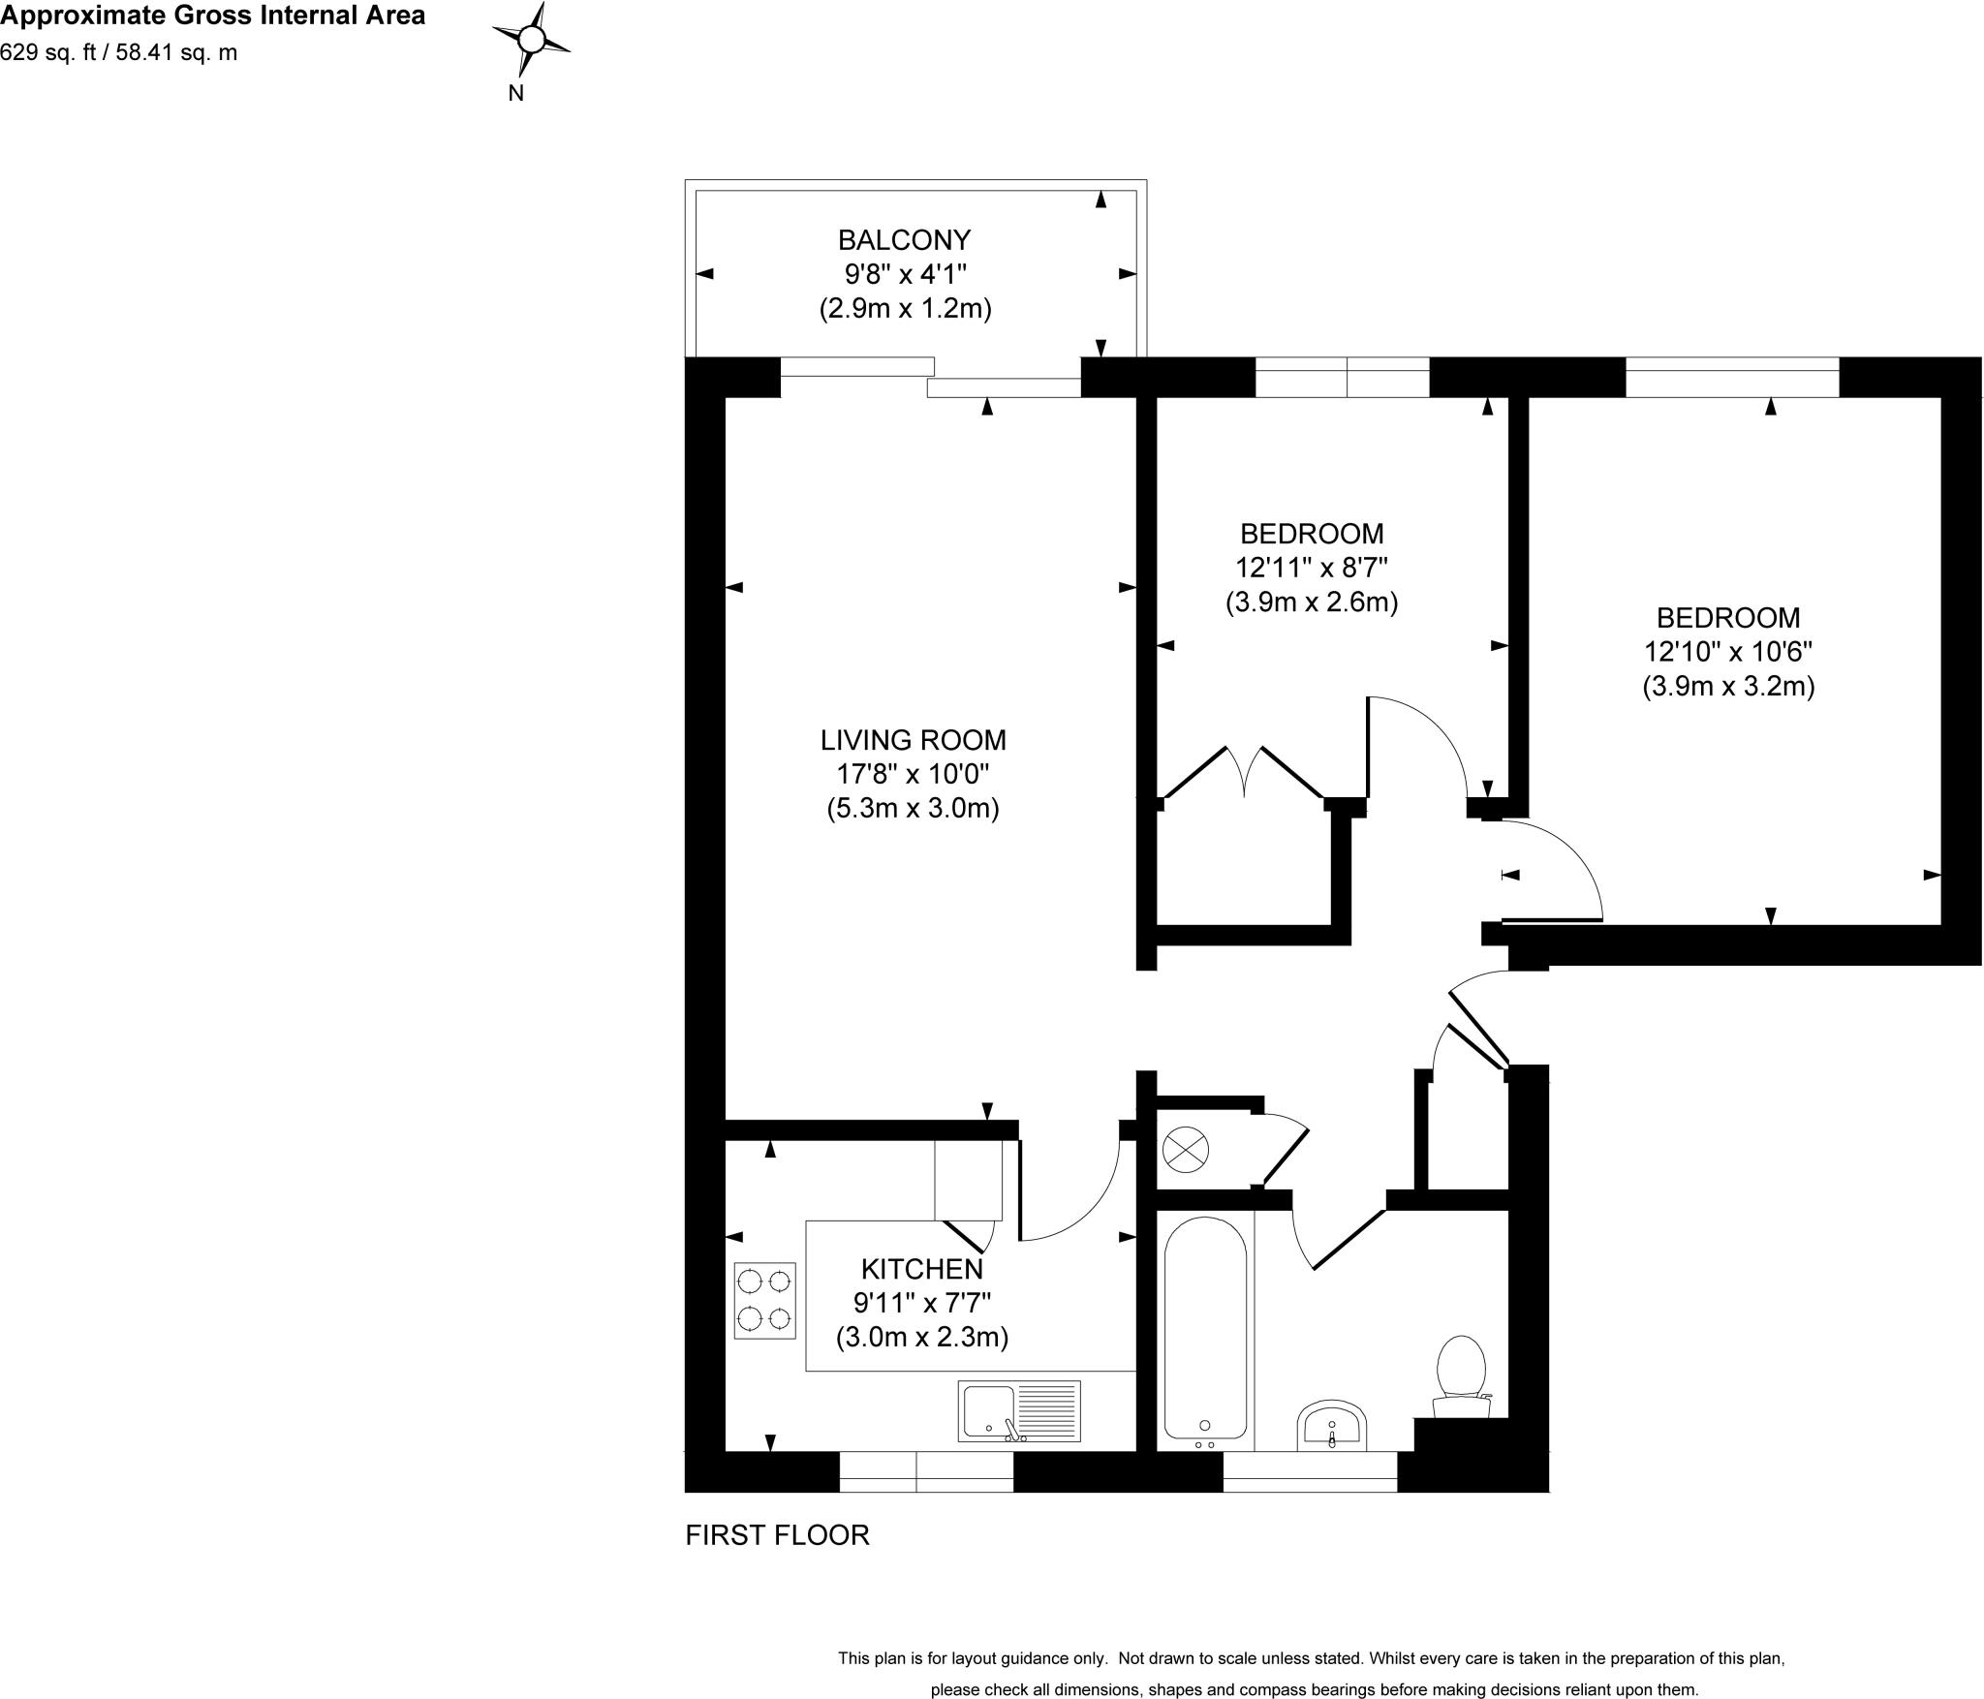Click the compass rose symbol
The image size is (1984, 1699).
click(x=532, y=39)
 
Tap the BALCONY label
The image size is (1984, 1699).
click(x=904, y=239)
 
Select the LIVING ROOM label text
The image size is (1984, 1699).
click(x=913, y=740)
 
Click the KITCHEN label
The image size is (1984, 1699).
click(x=921, y=1268)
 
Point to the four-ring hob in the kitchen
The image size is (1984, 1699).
click(x=765, y=1300)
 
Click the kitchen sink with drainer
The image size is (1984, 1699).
click(x=1019, y=1409)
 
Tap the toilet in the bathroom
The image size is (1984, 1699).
click(x=1462, y=1375)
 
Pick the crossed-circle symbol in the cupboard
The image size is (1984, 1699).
click(x=1186, y=1151)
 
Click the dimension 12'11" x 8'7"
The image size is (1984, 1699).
click(x=1312, y=568)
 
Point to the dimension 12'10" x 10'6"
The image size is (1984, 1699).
click(x=1728, y=652)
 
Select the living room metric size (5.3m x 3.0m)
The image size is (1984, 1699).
click(x=913, y=808)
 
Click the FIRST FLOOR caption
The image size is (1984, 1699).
click(x=777, y=1535)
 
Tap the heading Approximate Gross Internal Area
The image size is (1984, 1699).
click(x=213, y=15)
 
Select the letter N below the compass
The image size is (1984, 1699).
click(x=516, y=93)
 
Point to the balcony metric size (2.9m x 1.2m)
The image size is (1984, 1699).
click(x=905, y=309)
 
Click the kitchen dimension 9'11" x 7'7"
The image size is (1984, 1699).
click(x=921, y=1303)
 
